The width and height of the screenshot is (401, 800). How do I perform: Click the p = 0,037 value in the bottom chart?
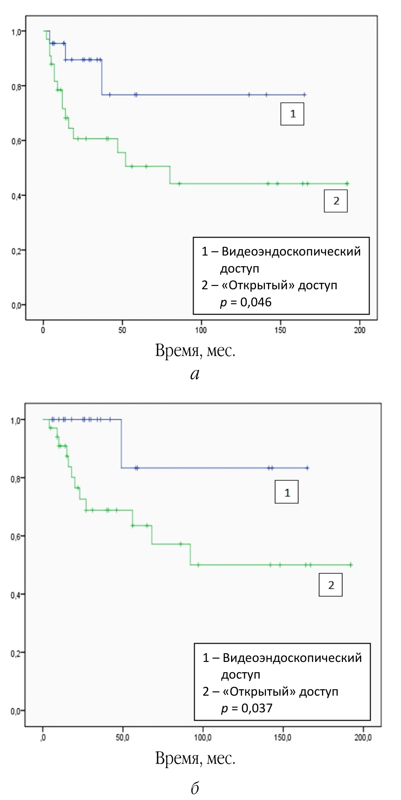click(247, 708)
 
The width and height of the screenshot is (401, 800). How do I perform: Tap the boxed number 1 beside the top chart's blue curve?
click(292, 114)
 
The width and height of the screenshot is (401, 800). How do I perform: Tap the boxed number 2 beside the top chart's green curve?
click(336, 201)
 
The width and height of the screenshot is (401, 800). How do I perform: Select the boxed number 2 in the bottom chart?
click(330, 585)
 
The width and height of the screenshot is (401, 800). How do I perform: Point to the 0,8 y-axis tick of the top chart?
click(16, 86)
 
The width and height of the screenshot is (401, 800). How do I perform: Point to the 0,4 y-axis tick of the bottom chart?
click(16, 594)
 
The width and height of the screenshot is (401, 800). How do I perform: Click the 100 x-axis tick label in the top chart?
click(201, 330)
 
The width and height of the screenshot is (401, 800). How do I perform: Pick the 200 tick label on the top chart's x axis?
click(360, 330)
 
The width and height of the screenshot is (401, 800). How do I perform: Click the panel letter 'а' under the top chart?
click(195, 374)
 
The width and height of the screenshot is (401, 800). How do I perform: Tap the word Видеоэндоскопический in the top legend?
click(291, 251)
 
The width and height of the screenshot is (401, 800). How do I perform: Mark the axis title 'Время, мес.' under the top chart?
click(195, 351)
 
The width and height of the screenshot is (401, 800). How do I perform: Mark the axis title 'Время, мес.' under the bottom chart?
click(195, 758)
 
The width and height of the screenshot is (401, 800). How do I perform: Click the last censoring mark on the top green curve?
click(347, 183)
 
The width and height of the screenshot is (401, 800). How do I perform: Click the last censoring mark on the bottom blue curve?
click(307, 468)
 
